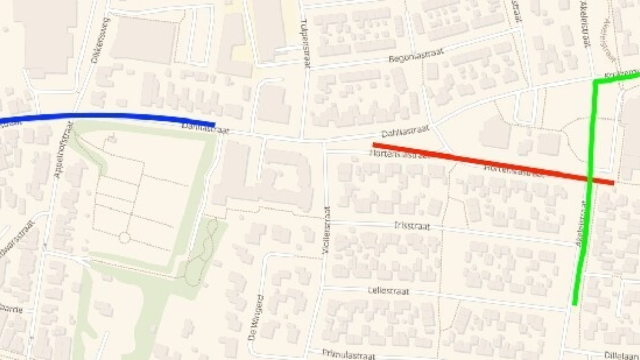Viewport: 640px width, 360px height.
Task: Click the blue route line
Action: click(x=107, y=115)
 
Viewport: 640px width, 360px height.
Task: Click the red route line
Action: click(x=491, y=163)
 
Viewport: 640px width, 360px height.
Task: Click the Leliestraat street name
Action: click(x=389, y=291)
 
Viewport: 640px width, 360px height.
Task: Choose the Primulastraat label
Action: click(x=349, y=354)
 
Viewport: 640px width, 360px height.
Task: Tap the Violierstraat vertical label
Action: click(x=326, y=229)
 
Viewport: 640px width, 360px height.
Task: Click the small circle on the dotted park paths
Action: click(x=124, y=238)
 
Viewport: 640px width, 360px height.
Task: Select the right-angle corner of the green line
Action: click(x=596, y=82)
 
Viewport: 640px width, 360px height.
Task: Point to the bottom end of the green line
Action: click(x=574, y=304)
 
